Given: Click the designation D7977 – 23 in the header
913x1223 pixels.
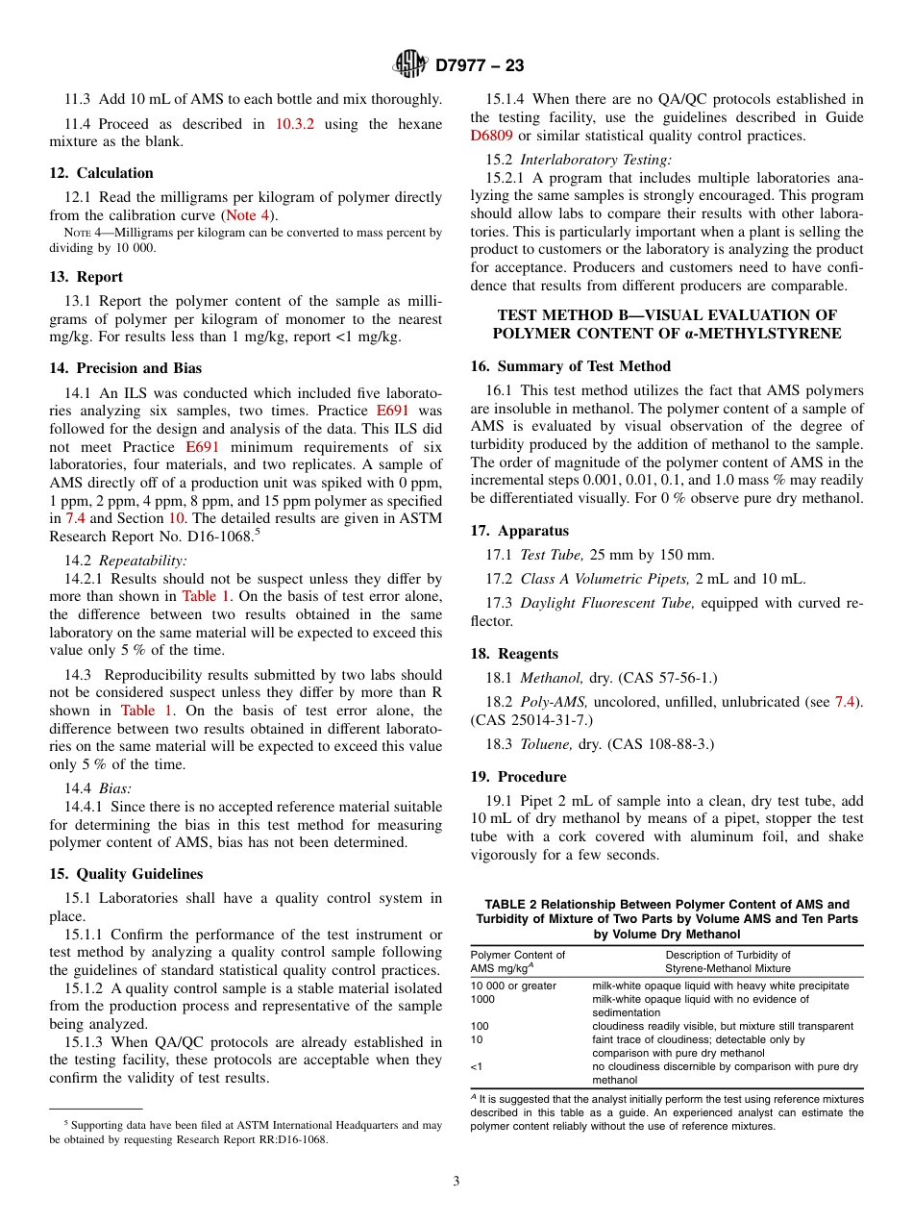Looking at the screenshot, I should coord(480,66).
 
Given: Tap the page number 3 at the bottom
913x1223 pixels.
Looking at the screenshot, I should coord(456,1182).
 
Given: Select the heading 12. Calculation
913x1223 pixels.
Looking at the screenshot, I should coord(101,173).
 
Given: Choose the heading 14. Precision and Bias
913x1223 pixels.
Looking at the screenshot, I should coord(125,368).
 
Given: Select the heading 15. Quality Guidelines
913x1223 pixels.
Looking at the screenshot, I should coord(126,874).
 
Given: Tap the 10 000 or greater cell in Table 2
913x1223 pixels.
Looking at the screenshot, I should coord(513,986).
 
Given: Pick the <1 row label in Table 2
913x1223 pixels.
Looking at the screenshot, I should coord(477,1066).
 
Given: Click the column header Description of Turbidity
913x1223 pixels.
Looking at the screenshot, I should coord(728,955).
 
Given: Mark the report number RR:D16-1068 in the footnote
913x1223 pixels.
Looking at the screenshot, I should coord(283,1140).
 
